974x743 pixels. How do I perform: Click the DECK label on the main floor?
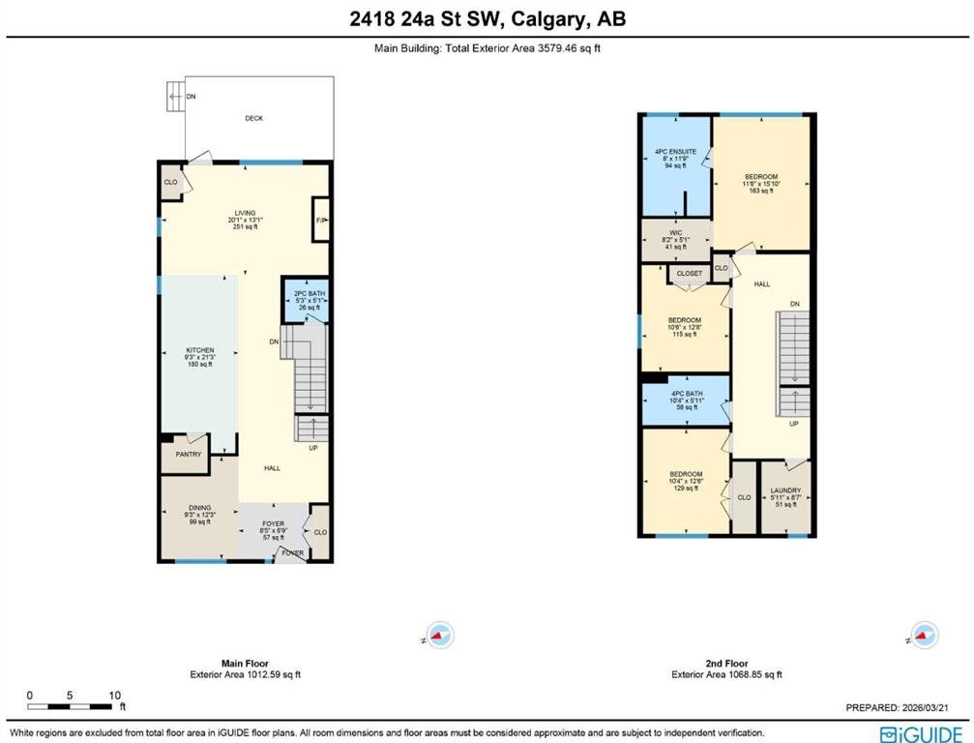coord(254,118)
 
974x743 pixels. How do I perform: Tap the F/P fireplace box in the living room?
coord(320,220)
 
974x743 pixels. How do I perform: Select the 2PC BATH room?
coord(305,300)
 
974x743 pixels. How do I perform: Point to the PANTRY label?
coord(189,454)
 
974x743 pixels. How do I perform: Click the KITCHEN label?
coord(200,350)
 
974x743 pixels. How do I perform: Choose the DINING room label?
coord(200,508)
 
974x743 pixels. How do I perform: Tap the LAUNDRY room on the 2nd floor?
coord(785,497)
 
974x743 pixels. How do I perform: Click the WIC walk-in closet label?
coord(676,233)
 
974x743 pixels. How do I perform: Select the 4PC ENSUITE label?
coord(676,152)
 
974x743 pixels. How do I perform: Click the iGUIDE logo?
coord(921,733)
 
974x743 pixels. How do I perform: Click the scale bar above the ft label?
coord(70,707)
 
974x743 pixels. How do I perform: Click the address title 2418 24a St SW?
coord(424,19)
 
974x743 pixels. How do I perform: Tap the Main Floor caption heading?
coord(245,664)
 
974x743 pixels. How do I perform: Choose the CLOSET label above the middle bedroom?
coord(689,274)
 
